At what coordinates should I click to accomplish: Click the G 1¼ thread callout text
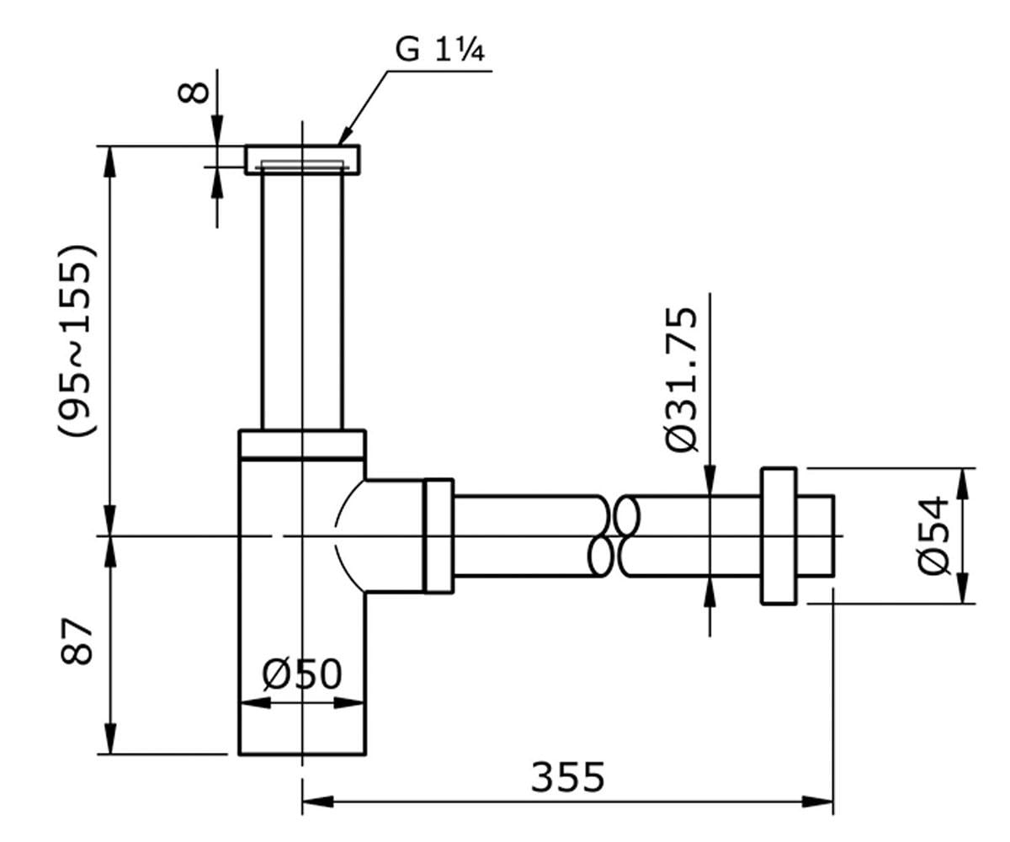[x=439, y=50]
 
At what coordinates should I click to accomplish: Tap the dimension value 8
[x=194, y=93]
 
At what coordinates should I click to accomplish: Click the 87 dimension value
[x=77, y=641]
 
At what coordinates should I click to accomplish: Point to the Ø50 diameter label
[x=302, y=674]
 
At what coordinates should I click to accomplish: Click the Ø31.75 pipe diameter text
[x=682, y=380]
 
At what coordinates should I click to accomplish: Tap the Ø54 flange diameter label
[x=933, y=536]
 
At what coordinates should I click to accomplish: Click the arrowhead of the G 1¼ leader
[x=345, y=135]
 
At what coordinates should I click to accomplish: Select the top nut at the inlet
[x=302, y=160]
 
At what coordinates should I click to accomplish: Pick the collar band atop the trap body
[x=302, y=445]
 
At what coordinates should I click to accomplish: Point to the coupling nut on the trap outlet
[x=439, y=536]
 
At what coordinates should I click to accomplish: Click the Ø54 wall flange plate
[x=779, y=536]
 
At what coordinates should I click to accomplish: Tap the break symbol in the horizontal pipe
[x=614, y=536]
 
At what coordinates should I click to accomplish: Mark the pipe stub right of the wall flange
[x=816, y=536]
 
